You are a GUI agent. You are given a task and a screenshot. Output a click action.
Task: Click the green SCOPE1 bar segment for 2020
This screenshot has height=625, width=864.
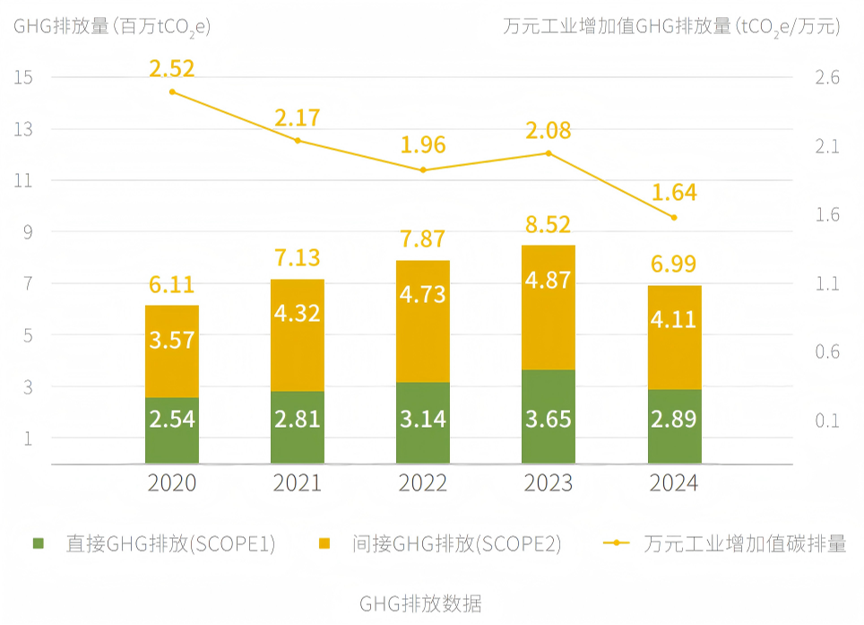tap(172, 430)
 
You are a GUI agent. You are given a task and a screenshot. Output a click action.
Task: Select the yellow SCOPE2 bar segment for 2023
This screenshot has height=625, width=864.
tap(549, 307)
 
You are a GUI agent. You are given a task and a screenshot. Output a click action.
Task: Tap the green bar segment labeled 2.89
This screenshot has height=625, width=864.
tap(674, 426)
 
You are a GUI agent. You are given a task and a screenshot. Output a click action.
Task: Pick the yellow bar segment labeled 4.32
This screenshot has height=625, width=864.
tap(298, 334)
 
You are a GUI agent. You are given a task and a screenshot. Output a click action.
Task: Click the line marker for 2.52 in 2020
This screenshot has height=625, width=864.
tap(172, 91)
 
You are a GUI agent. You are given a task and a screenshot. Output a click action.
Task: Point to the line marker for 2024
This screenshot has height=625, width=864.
tap(674, 217)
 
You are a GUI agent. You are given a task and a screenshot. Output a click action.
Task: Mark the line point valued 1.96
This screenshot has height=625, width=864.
tap(423, 169)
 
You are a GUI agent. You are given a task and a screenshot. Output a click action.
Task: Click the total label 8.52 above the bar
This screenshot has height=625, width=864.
tap(549, 224)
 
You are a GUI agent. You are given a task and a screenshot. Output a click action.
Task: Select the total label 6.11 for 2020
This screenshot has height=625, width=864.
tap(172, 285)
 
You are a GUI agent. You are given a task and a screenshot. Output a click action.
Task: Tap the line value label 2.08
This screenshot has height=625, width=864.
tap(549, 131)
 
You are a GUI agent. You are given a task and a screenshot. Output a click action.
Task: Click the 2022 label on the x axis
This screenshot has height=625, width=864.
tap(423, 484)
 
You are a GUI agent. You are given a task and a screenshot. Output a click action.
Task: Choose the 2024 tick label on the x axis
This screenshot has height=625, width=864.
tap(674, 484)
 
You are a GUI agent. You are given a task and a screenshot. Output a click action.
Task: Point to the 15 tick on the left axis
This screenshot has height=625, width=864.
tap(23, 77)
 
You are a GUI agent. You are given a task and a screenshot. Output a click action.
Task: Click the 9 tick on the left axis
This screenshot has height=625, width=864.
tap(27, 232)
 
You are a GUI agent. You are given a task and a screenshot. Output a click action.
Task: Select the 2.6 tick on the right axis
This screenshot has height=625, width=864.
tap(826, 77)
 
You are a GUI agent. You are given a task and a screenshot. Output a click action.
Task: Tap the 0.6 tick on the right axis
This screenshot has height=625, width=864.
tap(826, 352)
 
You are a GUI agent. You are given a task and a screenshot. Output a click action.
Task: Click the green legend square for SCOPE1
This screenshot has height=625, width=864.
tap(38, 543)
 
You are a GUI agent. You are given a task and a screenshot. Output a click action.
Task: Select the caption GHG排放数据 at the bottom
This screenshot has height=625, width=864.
tap(420, 603)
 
